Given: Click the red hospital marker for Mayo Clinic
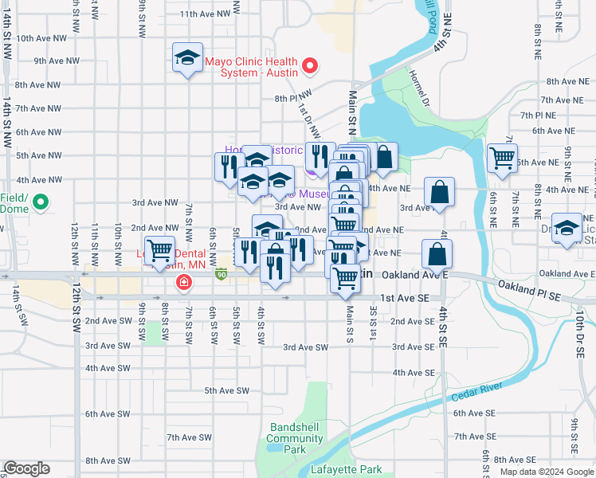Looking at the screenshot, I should [312, 66].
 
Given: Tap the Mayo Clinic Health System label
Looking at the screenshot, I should [251, 66].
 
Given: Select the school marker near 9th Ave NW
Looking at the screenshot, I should [187, 58].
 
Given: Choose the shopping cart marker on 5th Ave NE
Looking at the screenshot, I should [502, 158].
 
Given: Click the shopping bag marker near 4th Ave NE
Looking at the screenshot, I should [439, 191].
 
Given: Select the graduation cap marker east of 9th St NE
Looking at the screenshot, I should [567, 228].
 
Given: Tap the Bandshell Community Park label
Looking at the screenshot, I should [295, 438].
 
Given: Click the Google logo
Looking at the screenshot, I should [26, 468].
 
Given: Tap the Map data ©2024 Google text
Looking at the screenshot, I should [546, 472].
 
